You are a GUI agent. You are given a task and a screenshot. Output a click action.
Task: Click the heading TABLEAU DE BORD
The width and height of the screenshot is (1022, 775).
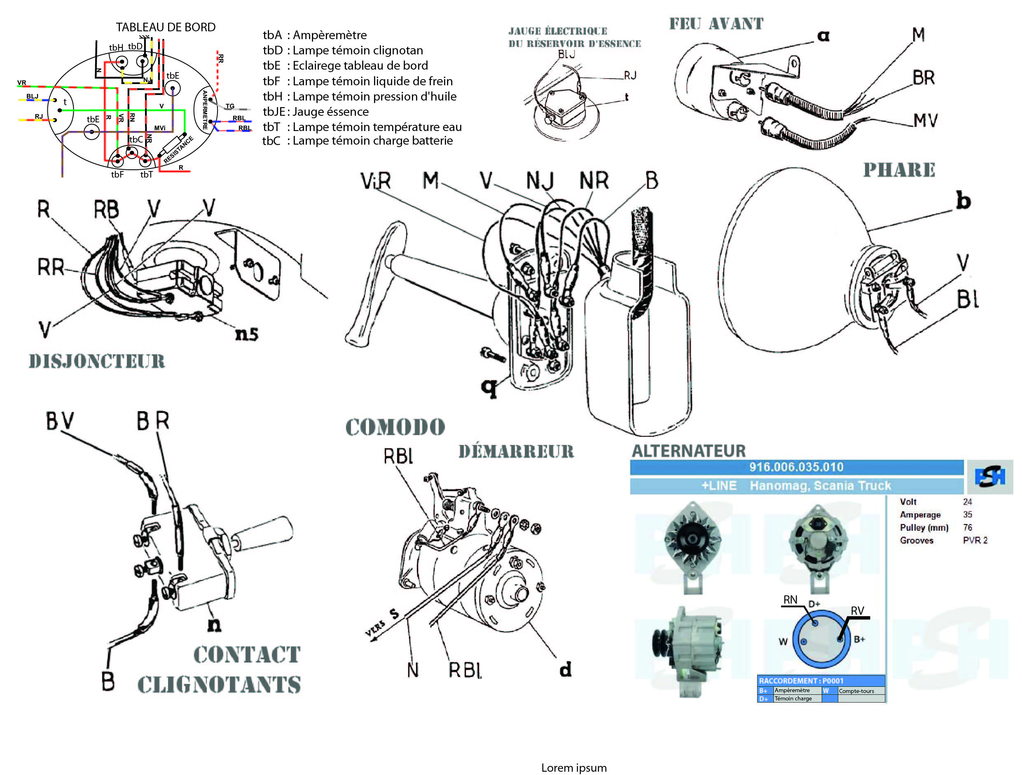166,27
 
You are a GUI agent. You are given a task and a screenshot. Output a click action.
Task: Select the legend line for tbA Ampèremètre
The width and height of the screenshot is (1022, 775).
315,35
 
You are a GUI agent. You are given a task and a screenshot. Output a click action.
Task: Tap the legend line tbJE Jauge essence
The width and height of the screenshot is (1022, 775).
316,112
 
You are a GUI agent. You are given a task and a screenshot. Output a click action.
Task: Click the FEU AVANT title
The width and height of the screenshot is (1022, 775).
716,23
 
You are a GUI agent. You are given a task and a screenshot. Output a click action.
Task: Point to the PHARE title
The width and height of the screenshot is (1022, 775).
899,170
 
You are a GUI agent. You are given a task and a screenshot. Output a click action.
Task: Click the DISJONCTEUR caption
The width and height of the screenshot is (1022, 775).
96,361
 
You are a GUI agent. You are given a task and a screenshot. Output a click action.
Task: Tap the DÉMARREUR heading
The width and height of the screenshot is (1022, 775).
516,452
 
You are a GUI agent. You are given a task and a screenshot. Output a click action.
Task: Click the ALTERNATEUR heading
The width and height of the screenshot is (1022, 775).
688,451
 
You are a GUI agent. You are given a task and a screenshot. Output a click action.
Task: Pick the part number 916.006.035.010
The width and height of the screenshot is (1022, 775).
796,467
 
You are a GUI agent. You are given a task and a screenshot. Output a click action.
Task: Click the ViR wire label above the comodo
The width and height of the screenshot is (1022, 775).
376,181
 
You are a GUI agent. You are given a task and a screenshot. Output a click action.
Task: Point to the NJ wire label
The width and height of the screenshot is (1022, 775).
540,181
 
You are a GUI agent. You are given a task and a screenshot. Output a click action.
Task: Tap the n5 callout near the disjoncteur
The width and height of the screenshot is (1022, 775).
247,334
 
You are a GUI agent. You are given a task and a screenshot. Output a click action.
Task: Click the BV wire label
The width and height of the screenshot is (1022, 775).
60,421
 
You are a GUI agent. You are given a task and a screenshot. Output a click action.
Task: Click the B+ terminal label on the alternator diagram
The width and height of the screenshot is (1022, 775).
859,639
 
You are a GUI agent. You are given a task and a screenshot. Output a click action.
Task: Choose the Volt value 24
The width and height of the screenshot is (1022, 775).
968,502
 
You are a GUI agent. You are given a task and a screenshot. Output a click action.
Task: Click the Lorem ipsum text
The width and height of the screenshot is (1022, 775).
574,768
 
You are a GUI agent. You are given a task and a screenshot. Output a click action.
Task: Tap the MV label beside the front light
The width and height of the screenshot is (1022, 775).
926,121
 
